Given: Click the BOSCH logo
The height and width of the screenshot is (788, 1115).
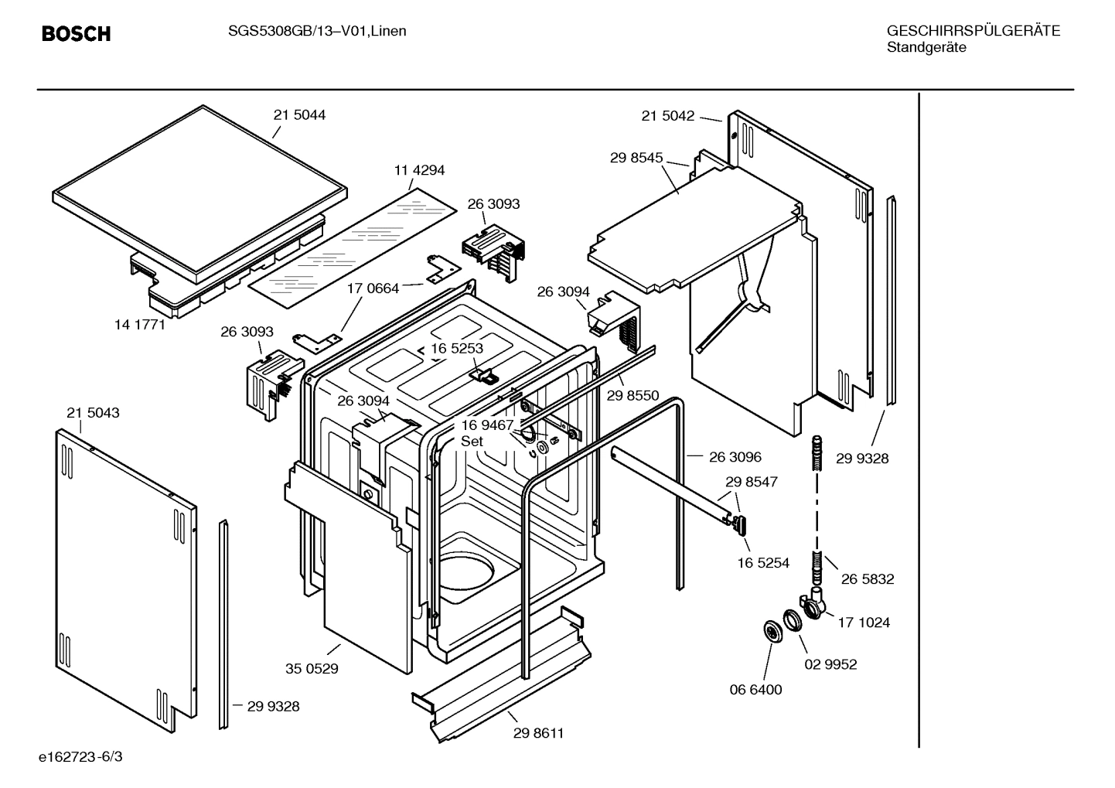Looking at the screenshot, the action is (x=76, y=33).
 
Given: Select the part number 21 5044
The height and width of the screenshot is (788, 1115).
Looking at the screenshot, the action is (x=299, y=114).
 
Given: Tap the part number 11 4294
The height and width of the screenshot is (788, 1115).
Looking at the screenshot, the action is (x=419, y=170).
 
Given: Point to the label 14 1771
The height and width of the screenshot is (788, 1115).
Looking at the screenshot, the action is (x=140, y=325).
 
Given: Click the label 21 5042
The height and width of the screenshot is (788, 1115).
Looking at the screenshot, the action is (x=667, y=116).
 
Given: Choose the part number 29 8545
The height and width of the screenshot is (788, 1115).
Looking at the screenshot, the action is (x=636, y=158).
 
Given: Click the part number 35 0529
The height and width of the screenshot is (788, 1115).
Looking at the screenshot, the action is (x=312, y=669).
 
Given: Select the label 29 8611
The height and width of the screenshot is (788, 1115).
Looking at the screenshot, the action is (x=538, y=733).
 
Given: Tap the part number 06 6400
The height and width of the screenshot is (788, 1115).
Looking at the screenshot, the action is (x=755, y=690).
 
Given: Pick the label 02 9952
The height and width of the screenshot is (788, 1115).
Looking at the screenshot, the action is (x=830, y=664).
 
